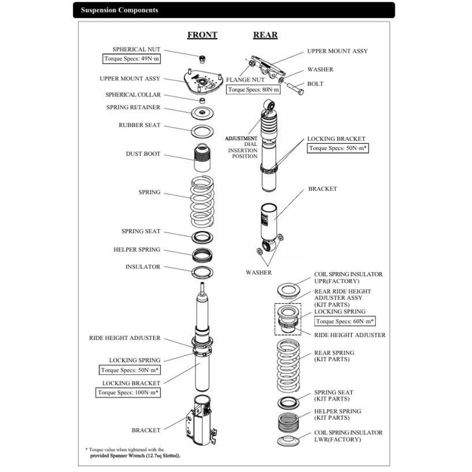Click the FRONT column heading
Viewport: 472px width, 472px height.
[202, 35]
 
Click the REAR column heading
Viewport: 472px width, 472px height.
[265, 35]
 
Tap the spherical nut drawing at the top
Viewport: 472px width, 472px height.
[201, 59]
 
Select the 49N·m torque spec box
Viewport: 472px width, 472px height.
[131, 59]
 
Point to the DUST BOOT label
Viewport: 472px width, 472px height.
[143, 154]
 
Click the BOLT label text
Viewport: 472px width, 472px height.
[315, 84]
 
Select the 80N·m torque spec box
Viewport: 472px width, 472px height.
[254, 89]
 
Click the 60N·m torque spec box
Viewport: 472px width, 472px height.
[345, 321]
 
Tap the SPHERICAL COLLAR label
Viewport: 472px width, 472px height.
[133, 95]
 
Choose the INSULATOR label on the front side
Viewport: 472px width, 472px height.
[143, 267]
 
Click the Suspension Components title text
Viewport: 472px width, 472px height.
[119, 10]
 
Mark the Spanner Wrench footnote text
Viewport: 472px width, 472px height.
[135, 455]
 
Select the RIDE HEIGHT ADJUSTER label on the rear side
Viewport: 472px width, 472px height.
[350, 335]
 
